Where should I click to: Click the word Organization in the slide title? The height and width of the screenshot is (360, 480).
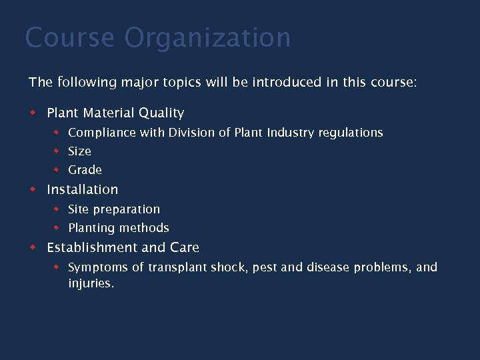pos(207,38)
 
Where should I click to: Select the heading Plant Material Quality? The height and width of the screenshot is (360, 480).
pos(115,113)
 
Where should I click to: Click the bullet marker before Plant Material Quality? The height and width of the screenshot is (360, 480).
pos(33,113)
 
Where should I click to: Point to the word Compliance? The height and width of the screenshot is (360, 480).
pos(102,133)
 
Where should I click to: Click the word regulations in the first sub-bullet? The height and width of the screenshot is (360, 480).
pos(351,133)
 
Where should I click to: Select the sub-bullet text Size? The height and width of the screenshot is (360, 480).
pos(79,151)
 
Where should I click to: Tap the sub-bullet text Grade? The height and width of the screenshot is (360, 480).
pos(85,170)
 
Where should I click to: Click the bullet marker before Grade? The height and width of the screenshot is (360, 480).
pos(57,169)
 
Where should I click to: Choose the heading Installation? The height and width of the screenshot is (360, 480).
pos(82,189)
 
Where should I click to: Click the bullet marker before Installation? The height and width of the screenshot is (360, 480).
pos(33,189)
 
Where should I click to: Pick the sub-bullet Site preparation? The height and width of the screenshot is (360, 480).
pos(114,209)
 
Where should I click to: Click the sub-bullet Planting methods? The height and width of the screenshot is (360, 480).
pos(119,228)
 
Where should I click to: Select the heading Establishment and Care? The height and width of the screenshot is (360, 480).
pos(123,247)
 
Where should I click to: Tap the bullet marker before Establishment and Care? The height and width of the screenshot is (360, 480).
pos(33,247)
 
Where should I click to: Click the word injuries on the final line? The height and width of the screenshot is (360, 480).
pos(91,283)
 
